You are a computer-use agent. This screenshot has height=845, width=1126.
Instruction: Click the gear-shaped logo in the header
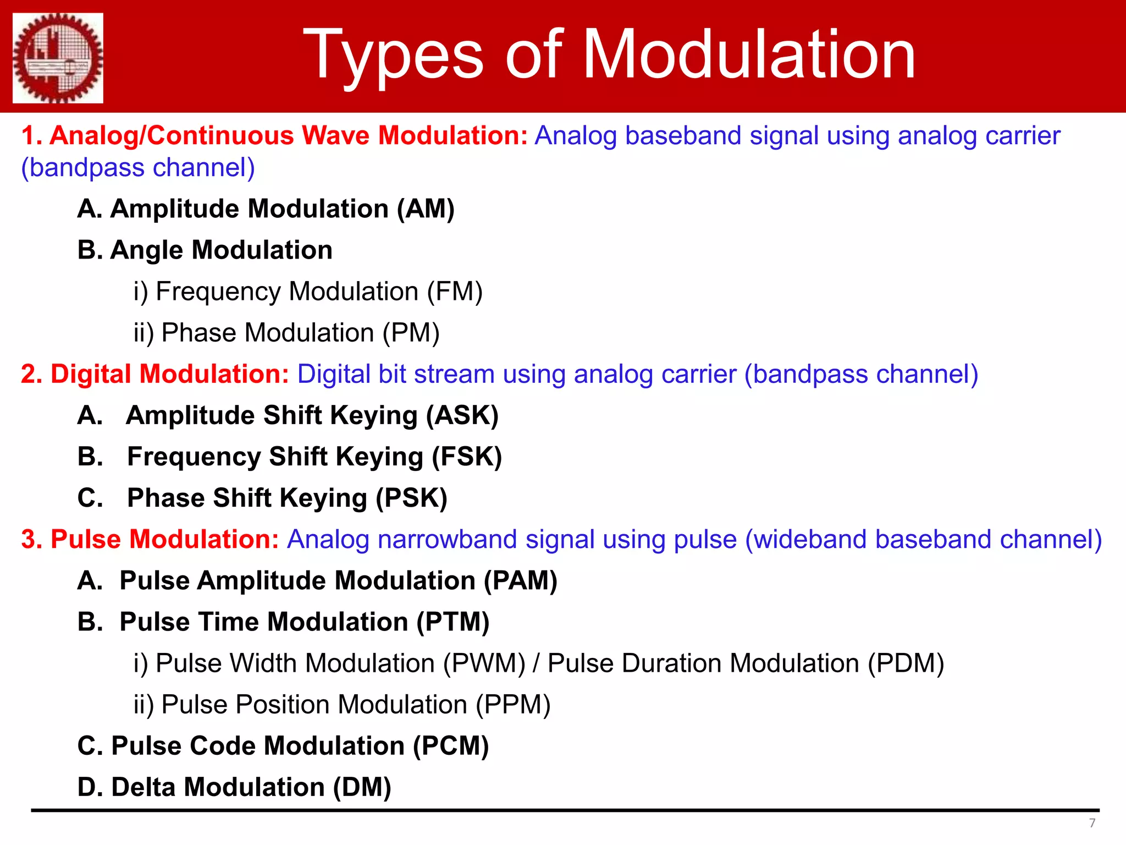click(58, 58)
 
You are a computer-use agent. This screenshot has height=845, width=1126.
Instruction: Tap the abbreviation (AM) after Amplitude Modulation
click(426, 209)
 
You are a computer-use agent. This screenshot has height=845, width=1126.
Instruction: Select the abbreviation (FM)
click(455, 292)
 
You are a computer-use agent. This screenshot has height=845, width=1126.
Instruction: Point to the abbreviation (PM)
click(411, 333)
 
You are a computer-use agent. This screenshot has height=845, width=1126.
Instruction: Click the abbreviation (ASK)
click(462, 415)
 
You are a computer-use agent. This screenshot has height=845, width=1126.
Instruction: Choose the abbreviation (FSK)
click(466, 457)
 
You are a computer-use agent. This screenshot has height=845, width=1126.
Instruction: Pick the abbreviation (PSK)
click(411, 498)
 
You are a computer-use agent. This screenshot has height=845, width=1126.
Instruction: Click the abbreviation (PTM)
click(452, 622)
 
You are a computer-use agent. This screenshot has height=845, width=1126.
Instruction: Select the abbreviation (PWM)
click(484, 663)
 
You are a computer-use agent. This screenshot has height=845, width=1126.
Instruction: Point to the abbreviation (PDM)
click(906, 663)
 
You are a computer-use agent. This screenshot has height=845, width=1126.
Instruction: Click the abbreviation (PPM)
click(512, 705)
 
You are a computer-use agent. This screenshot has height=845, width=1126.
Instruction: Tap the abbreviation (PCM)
click(451, 746)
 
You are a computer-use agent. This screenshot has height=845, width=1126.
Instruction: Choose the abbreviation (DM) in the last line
click(362, 787)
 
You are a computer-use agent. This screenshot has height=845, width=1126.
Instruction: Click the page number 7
click(1092, 823)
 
